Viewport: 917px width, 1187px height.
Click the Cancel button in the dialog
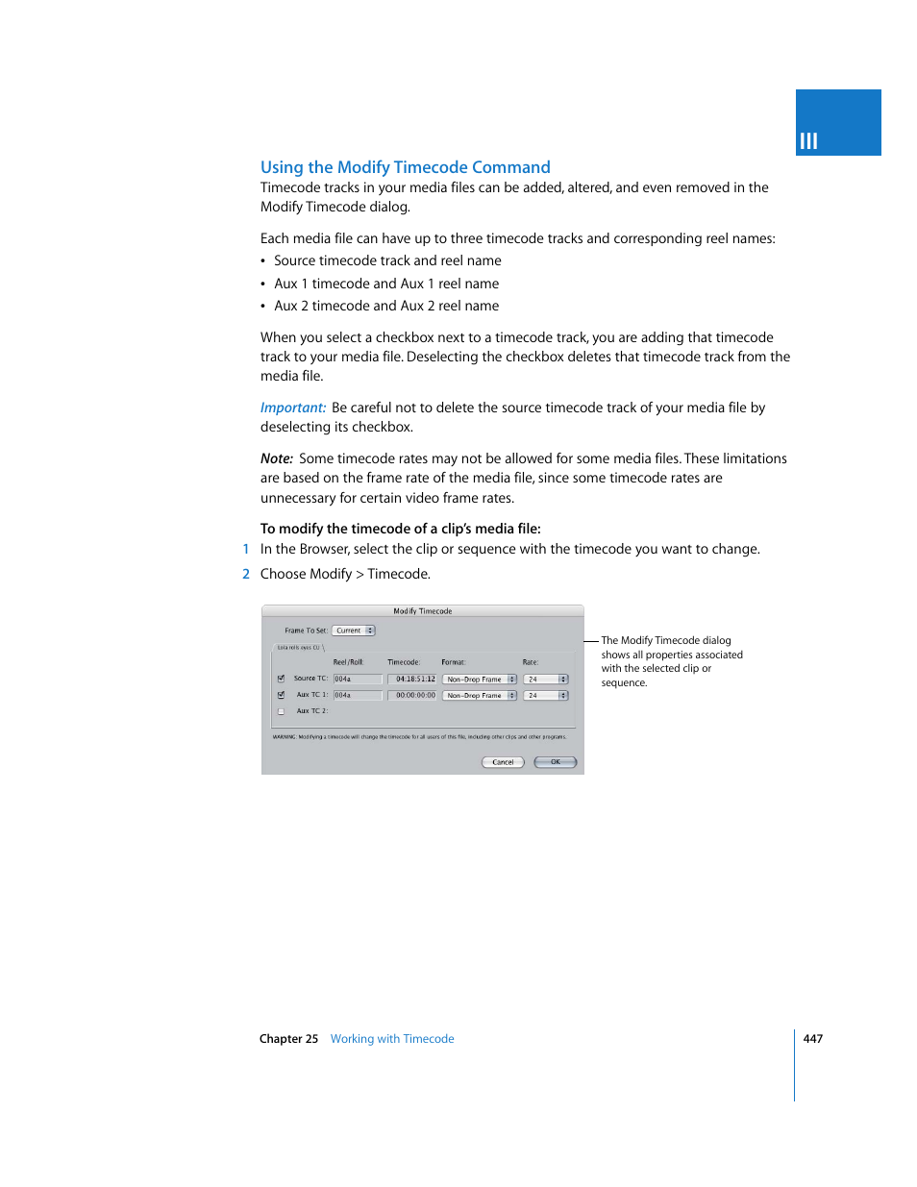coord(503,762)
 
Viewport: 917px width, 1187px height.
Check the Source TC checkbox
coord(281,679)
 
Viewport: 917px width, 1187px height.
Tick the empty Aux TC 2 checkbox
coord(281,711)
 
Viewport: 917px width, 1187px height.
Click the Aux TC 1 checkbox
coord(281,695)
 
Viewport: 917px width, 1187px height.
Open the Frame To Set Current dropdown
coord(354,631)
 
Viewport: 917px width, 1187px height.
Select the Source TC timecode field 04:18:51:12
coord(413,679)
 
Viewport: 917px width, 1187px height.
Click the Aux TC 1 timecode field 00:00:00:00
coord(413,695)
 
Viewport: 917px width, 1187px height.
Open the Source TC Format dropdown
coord(480,679)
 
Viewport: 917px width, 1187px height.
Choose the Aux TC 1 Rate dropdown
coord(546,695)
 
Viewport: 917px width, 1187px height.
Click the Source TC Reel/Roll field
coord(358,679)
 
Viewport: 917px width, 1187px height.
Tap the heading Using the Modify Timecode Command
coord(405,167)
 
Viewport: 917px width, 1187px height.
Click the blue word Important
coord(293,408)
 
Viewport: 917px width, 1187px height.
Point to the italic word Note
coord(277,458)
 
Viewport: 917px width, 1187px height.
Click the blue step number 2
coord(246,574)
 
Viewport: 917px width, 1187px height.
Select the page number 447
coord(813,1039)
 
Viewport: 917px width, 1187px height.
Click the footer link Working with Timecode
coord(392,1039)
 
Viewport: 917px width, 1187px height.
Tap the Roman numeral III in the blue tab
coord(808,141)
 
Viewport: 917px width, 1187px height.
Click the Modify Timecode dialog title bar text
coord(422,611)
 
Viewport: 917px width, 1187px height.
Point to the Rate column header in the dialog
coord(531,662)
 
